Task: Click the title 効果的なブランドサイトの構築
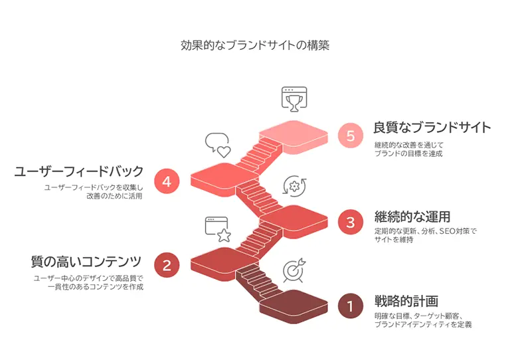click(x=255, y=46)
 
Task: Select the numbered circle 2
click(x=167, y=265)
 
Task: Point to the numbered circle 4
click(x=167, y=181)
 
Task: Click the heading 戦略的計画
click(x=406, y=301)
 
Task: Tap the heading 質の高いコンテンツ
click(x=86, y=260)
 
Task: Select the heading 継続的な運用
click(x=412, y=217)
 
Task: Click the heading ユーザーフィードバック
click(x=79, y=171)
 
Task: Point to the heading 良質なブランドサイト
click(x=432, y=127)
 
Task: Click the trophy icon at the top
click(x=292, y=99)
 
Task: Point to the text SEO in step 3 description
click(x=448, y=231)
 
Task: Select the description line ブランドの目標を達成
click(x=408, y=153)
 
